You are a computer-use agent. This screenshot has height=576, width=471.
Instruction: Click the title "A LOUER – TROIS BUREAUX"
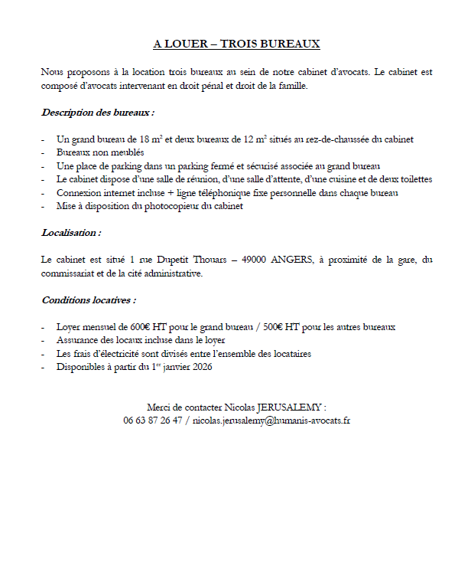[x=236, y=44]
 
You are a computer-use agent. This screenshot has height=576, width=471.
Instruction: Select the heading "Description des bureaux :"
[x=98, y=113]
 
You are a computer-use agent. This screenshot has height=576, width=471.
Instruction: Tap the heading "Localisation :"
[x=71, y=232]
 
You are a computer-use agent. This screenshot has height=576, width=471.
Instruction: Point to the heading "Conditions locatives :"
[x=89, y=299]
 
